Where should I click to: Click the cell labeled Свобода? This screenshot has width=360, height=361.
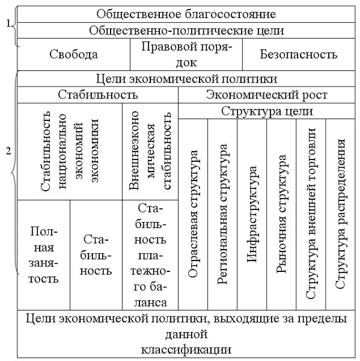tap(73, 55)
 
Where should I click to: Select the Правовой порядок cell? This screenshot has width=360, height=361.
tap(186, 55)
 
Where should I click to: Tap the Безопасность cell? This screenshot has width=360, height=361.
tap(299, 55)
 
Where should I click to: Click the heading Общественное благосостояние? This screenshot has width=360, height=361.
tap(186, 14)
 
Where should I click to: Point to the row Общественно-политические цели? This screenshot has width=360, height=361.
tap(186, 31)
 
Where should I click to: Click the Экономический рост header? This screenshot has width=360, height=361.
tap(267, 95)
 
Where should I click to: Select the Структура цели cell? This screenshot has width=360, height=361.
tap(267, 111)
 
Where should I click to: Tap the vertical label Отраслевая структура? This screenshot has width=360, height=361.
tap(193, 214)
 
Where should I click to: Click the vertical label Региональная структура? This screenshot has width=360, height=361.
tap(222, 214)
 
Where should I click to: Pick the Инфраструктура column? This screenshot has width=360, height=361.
tap(252, 214)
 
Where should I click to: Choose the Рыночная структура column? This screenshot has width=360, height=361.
tap(281, 214)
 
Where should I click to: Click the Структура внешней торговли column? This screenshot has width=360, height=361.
tap(311, 214)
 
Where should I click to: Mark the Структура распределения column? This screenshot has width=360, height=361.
tap(340, 214)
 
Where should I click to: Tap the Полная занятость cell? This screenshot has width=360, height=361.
tap(43, 255)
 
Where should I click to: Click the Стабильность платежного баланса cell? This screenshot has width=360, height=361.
tap(150, 255)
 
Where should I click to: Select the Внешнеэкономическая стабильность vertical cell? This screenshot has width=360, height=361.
tap(150, 152)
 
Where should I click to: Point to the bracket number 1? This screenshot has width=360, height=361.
tap(8, 23)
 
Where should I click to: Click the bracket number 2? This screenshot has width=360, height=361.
tap(8, 151)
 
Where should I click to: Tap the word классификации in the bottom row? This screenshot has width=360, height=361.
tap(186, 350)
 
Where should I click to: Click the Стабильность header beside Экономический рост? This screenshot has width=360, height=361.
tap(98, 95)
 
